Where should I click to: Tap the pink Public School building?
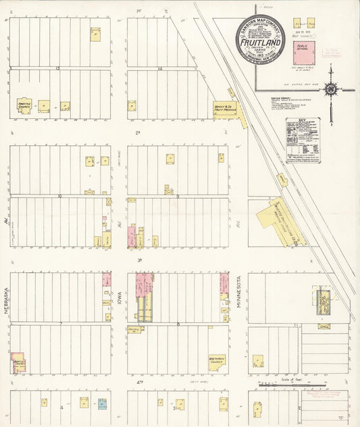pyautogui.click(x=304, y=52)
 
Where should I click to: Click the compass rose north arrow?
pyautogui.click(x=331, y=88)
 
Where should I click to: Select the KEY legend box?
pyautogui.click(x=303, y=141)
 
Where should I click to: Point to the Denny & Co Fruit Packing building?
pyautogui.click(x=225, y=109)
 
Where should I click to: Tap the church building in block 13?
pyautogui.click(x=24, y=106)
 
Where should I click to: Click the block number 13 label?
pyautogui.click(x=58, y=68)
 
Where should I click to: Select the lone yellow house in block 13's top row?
pyautogui.click(x=95, y=34)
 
